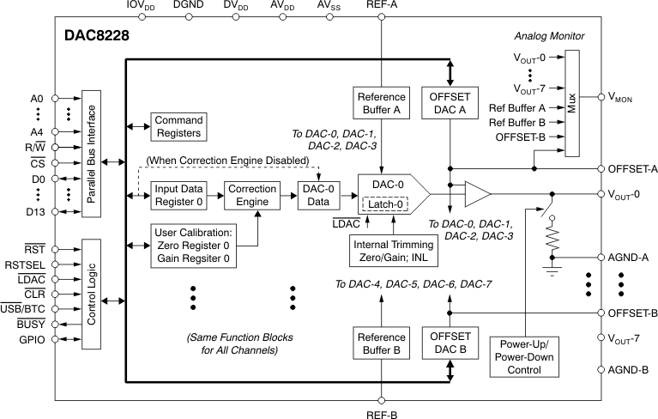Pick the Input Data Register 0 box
coord(179,195)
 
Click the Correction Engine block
coord(252,195)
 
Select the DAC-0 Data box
coord(317,195)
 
